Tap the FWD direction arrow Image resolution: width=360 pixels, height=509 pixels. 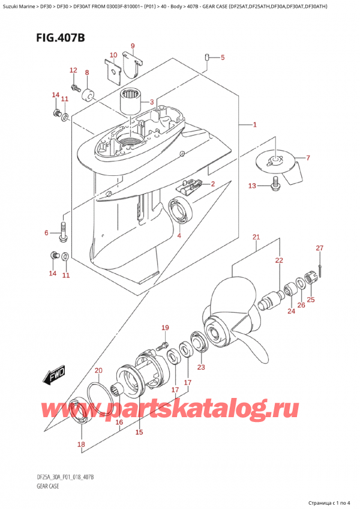(x=53, y=376)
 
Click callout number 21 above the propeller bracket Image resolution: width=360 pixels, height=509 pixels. (x=256, y=238)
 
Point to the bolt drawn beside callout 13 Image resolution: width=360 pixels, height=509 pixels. (x=276, y=187)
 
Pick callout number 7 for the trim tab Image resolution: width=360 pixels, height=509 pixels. (x=308, y=158)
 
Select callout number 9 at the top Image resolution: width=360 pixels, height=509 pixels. (x=133, y=46)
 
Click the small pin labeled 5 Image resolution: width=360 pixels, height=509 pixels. (x=208, y=58)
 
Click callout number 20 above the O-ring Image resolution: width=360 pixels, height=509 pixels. (x=98, y=370)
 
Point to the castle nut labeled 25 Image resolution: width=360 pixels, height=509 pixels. (x=311, y=277)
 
